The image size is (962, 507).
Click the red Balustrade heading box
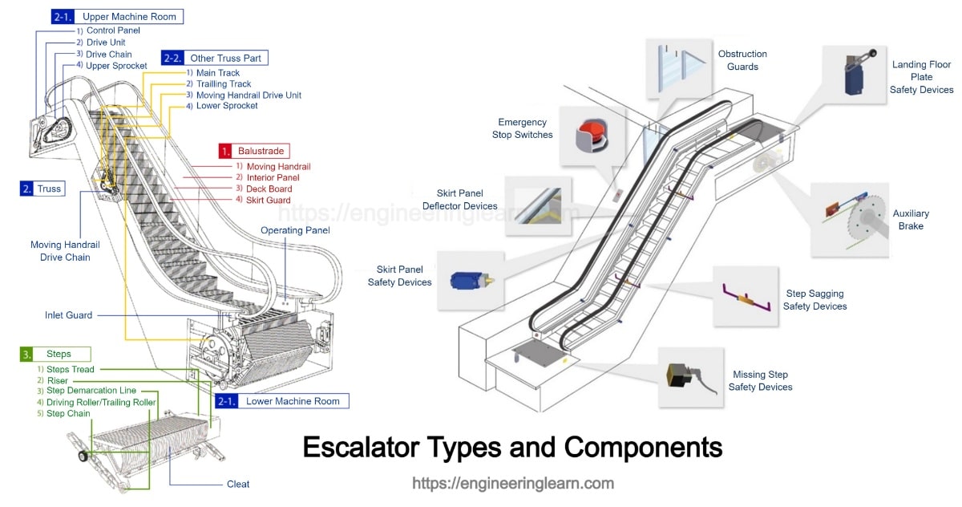pos(253,150)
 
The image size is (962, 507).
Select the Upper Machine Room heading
pos(116,16)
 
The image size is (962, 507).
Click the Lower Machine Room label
pos(282,401)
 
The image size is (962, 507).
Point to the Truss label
pos(42,189)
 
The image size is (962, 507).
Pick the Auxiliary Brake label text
pos(911,220)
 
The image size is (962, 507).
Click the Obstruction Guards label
pos(742,60)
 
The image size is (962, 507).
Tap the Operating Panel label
pos(295,230)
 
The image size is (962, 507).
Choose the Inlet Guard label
pos(68,315)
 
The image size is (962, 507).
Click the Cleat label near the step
pos(238,484)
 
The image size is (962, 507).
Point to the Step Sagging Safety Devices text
pos(814,300)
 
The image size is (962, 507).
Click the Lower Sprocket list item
pos(226,106)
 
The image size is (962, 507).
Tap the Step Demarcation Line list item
pos(96,391)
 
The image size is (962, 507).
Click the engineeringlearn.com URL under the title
pos(513,483)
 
